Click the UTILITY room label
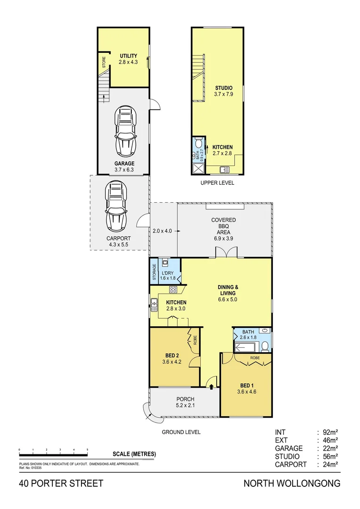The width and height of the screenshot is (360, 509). (128, 56)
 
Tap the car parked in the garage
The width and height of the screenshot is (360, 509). (126, 133)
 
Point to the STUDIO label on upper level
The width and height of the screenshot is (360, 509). (224, 88)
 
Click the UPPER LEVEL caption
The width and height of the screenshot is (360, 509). (217, 183)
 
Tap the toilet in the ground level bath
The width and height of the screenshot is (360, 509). (265, 346)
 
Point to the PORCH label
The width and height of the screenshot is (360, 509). (185, 399)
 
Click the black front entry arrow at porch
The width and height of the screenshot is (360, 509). (211, 386)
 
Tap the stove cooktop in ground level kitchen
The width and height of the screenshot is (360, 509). (173, 289)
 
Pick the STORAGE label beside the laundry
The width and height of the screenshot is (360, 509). (154, 272)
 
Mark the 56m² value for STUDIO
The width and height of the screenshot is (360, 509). (332, 456)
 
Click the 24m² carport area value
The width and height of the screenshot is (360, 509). (332, 465)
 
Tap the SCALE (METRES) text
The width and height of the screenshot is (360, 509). (134, 454)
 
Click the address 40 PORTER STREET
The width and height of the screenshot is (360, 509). (61, 484)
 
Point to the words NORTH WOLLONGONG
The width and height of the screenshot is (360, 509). (292, 484)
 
